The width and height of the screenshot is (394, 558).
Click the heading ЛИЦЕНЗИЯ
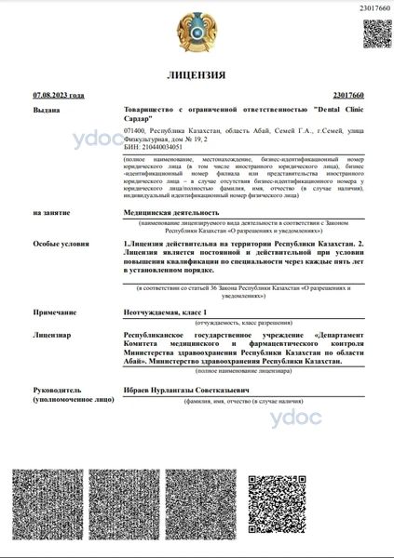pyautogui.click(x=197, y=74)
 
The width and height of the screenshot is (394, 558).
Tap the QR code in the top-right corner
pyautogui.click(x=376, y=34)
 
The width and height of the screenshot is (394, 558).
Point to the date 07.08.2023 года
pyautogui.click(x=58, y=95)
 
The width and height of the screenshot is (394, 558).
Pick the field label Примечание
pyautogui.click(x=53, y=313)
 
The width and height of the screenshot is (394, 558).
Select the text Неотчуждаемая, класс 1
pyautogui.click(x=163, y=313)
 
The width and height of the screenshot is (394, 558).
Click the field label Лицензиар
pyautogui.click(x=51, y=333)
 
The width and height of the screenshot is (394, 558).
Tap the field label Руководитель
pyautogui.click(x=58, y=390)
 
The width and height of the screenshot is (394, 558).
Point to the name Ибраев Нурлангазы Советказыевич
pyautogui.click(x=183, y=390)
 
